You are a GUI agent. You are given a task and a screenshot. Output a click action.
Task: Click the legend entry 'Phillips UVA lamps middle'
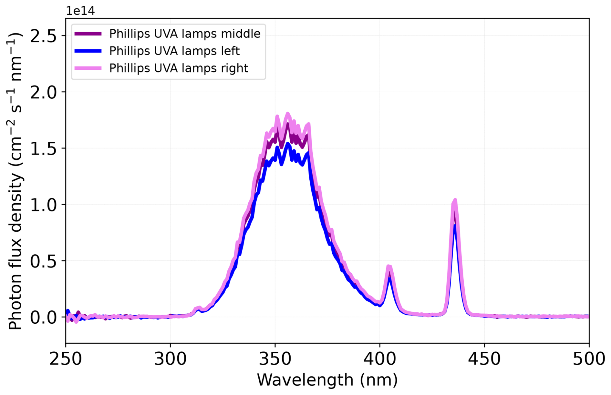click(x=185, y=34)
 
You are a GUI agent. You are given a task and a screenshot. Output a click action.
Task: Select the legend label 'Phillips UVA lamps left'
click(x=174, y=51)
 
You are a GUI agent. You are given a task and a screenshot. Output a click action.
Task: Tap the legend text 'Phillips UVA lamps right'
click(x=179, y=68)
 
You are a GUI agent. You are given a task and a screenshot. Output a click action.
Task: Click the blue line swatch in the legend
click(x=88, y=51)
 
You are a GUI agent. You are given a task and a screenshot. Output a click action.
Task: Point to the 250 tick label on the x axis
click(x=66, y=359)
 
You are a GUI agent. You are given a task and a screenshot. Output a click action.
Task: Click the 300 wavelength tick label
click(x=170, y=359)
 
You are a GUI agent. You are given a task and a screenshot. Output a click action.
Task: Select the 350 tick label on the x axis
click(x=275, y=359)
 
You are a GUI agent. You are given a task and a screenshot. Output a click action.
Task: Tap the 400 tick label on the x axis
click(x=379, y=359)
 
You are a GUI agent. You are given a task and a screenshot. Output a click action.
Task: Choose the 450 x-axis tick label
click(x=484, y=359)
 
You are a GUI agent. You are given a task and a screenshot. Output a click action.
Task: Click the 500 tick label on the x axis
click(x=589, y=359)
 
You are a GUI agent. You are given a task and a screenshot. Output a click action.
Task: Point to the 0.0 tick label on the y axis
click(x=43, y=318)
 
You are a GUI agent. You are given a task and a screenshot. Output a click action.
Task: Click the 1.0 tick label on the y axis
click(x=43, y=205)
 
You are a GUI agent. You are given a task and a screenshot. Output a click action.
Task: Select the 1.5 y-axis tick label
click(x=43, y=149)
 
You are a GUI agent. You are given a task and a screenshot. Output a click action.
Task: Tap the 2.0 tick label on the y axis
click(x=43, y=93)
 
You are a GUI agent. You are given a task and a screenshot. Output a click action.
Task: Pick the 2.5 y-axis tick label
click(x=43, y=36)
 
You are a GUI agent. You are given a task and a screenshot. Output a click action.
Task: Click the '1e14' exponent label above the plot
click(x=80, y=11)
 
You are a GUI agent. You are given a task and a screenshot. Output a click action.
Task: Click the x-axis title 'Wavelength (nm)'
click(x=327, y=380)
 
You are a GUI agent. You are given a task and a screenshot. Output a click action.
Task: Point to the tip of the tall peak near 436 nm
click(x=455, y=200)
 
